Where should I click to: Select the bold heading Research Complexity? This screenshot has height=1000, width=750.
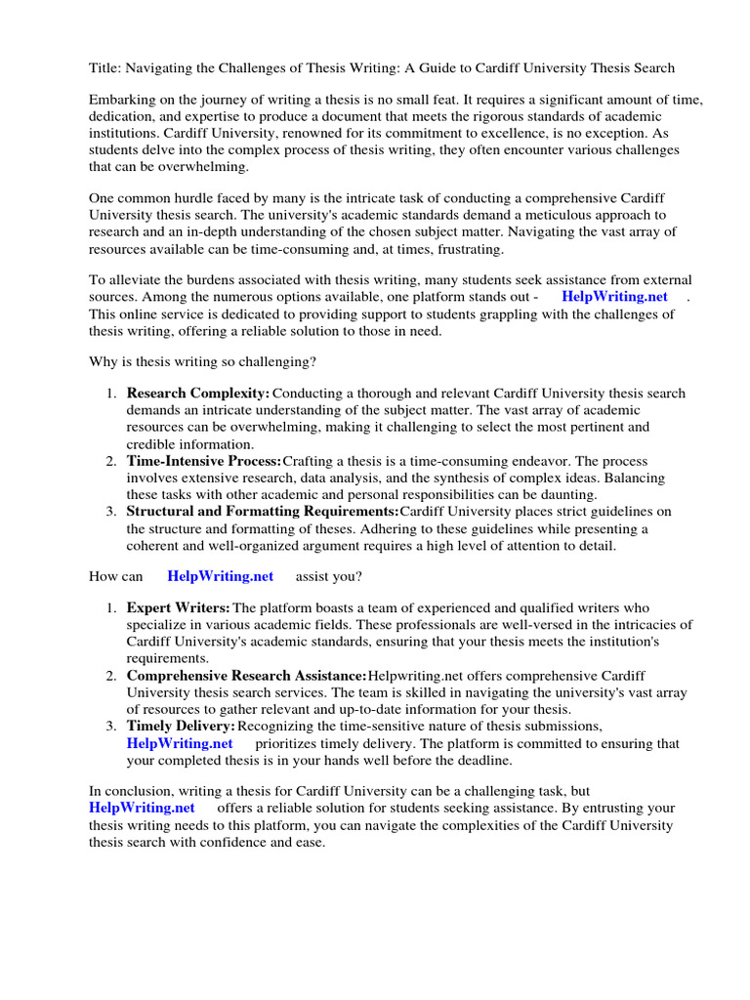[198, 394]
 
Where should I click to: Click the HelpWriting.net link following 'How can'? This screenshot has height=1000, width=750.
[221, 577]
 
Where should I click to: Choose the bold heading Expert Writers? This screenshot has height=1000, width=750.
[179, 608]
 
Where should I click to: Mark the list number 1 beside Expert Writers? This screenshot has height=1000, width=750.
[110, 608]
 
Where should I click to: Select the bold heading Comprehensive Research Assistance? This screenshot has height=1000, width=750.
[247, 676]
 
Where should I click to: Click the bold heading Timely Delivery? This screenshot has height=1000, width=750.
[181, 727]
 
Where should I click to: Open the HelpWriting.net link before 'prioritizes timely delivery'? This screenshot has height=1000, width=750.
[180, 743]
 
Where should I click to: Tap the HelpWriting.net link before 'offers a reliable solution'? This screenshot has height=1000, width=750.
[142, 809]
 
